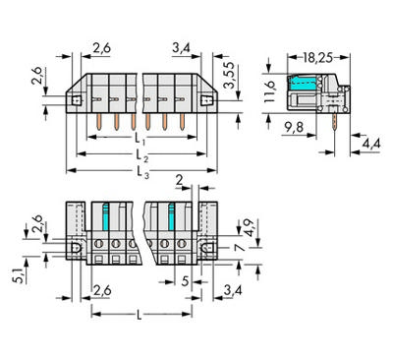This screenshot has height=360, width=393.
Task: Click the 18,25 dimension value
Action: coord(317,58)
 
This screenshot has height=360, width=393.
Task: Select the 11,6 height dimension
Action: coord(270,91)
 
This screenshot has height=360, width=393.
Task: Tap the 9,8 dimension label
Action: coord(294,128)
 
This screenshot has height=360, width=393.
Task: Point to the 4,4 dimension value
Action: coord(371,144)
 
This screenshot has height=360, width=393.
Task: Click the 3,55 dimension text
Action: coord(229,76)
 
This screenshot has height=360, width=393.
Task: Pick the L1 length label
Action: coord(140,139)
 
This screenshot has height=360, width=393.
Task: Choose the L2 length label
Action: coord(142,156)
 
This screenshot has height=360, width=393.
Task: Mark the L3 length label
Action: coord(143,173)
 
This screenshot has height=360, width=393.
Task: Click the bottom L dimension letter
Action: coord(140,316)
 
